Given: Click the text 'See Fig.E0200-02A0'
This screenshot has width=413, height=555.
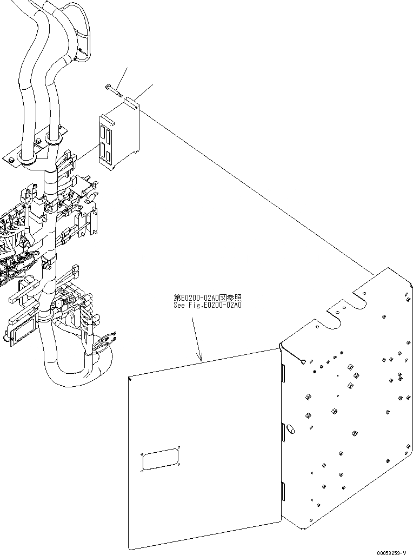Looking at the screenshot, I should (x=207, y=305).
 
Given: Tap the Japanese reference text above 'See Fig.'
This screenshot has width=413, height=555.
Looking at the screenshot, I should (x=207, y=298).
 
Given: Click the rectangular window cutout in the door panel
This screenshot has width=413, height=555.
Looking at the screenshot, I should (x=161, y=459).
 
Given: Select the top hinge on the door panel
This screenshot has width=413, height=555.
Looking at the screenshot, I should (x=283, y=373).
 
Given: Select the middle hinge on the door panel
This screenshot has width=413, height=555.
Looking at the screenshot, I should (x=283, y=433).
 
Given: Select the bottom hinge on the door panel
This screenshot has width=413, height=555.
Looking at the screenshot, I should (x=283, y=491).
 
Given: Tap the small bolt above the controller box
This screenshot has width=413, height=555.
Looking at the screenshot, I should (x=114, y=89).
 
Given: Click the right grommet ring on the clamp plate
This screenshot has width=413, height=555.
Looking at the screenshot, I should (x=53, y=141).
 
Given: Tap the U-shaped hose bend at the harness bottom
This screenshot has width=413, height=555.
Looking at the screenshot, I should (x=76, y=376).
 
